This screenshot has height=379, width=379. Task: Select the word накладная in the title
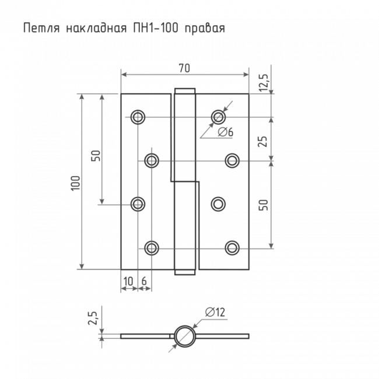[87, 28]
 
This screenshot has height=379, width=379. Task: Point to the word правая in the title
[205, 28]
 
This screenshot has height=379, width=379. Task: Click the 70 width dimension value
[184, 68]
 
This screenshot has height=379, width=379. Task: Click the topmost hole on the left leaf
[138, 117]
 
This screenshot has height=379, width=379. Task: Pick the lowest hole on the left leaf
[152, 247]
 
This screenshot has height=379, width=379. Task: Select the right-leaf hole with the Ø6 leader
[219, 116]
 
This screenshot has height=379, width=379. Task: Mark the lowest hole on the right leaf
[232, 247]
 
